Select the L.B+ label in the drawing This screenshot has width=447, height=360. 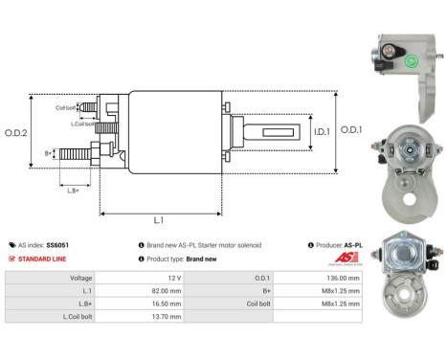pyautogui.click(x=74, y=191)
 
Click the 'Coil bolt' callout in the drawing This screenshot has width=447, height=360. pyautogui.click(x=66, y=107)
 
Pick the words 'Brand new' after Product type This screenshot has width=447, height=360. pyautogui.click(x=202, y=259)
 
